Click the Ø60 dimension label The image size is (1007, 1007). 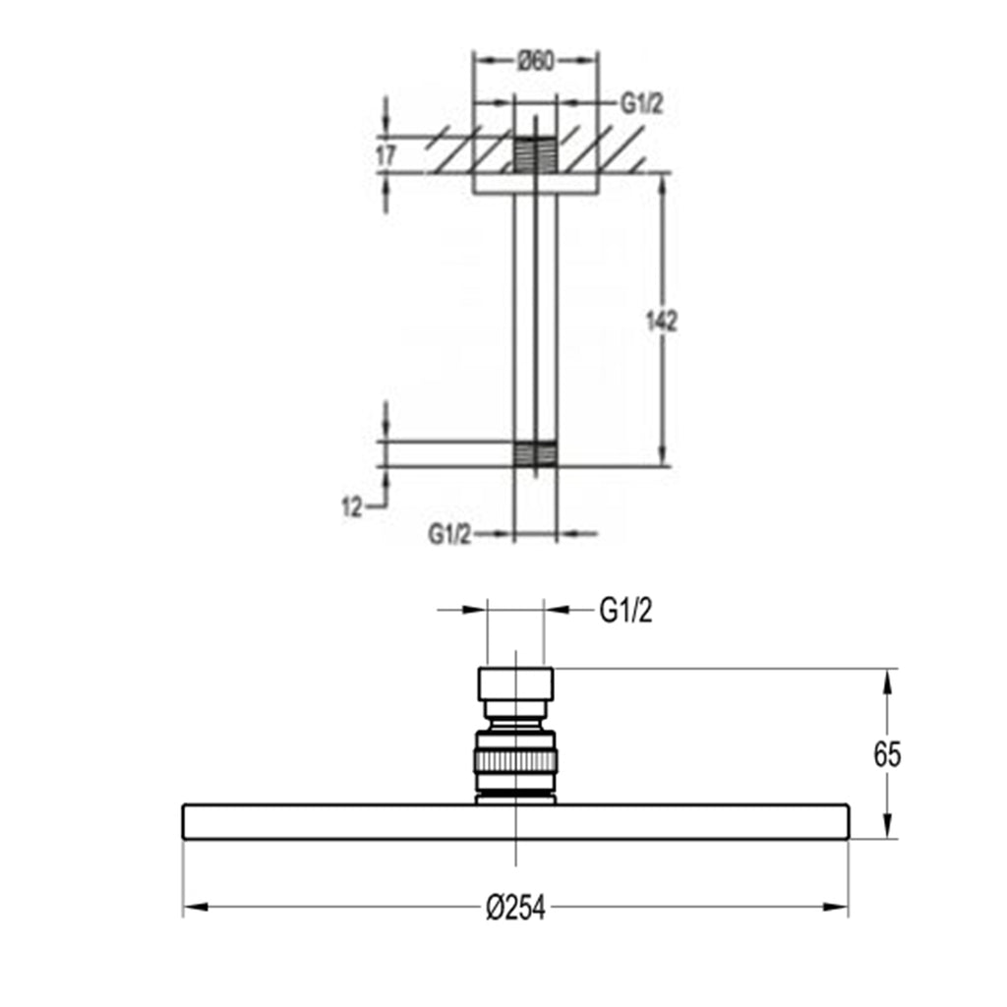pyautogui.click(x=536, y=62)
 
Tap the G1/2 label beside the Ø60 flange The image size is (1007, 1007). pyautogui.click(x=641, y=104)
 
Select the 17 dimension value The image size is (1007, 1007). pyautogui.click(x=385, y=155)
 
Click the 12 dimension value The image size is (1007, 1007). pyautogui.click(x=352, y=507)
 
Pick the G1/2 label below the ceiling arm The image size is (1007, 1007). pyautogui.click(x=449, y=534)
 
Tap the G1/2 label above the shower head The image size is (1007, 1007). pyautogui.click(x=625, y=611)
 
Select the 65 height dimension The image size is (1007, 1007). pyautogui.click(x=887, y=754)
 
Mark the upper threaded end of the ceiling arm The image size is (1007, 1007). pyautogui.click(x=536, y=153)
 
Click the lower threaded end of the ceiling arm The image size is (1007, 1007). pyautogui.click(x=536, y=453)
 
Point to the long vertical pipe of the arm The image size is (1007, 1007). pyautogui.click(x=536, y=315)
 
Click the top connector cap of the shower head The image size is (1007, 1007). pyautogui.click(x=516, y=683)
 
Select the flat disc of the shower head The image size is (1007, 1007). pyautogui.click(x=515, y=822)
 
